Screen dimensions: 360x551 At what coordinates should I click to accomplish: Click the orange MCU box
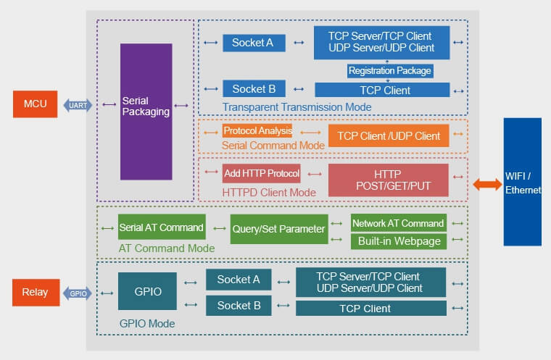[35, 104]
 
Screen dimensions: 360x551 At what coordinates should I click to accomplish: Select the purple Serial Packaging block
[146, 112]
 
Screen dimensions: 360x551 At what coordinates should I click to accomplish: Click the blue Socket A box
[253, 43]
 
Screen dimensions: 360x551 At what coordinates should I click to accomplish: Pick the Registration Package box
[389, 71]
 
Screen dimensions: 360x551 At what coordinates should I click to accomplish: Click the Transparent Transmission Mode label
[297, 107]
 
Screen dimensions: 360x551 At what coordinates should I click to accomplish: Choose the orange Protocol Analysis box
[257, 131]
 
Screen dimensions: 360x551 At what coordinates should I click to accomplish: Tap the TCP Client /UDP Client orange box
[389, 135]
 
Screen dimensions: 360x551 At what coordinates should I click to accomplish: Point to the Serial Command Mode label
[273, 146]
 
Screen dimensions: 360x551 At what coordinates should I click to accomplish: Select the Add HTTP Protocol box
[261, 173]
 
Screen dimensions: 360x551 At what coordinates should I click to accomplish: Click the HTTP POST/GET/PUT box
[388, 180]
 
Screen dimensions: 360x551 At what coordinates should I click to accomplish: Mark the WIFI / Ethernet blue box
[523, 183]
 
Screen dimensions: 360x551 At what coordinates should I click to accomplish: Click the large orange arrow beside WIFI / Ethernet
[487, 184]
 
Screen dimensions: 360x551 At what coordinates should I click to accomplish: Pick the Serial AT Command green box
[162, 227]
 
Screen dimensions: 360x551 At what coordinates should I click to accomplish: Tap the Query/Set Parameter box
[279, 229]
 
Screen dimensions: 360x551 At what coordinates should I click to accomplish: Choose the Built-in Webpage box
[398, 241]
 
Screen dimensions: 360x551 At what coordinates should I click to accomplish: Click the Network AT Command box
[398, 223]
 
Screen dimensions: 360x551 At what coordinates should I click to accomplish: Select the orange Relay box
[35, 293]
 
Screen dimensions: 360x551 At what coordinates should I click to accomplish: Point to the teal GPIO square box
[147, 291]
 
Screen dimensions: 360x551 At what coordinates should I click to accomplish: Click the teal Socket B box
[239, 306]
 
